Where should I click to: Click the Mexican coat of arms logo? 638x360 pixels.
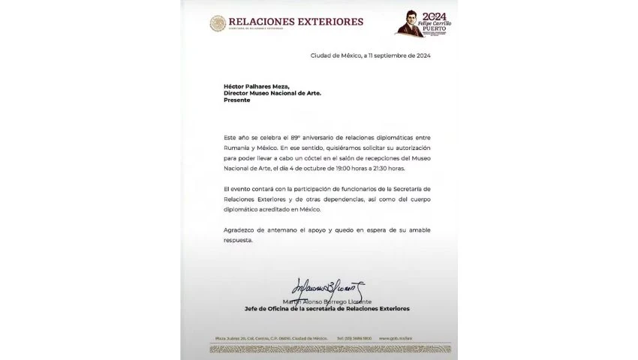pyautogui.click(x=217, y=23)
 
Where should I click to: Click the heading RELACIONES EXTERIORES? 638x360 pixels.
pyautogui.click(x=296, y=22)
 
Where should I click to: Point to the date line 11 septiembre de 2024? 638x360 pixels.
pyautogui.click(x=371, y=55)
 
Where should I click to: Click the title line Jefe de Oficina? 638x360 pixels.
pyautogui.click(x=327, y=308)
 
